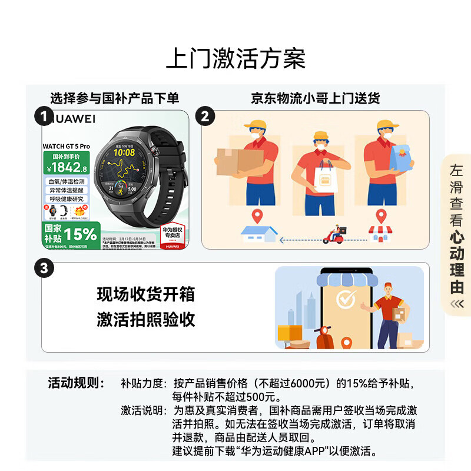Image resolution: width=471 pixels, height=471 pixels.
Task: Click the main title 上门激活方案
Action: (x=235, y=60)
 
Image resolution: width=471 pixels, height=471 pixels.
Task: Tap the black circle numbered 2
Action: (x=204, y=116)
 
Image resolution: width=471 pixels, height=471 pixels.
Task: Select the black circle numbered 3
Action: (x=44, y=268)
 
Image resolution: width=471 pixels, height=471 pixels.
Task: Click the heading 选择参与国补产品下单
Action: (x=114, y=98)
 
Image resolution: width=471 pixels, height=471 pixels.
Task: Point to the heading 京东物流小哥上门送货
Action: (x=315, y=98)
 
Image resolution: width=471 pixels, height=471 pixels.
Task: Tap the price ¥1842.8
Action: (x=68, y=167)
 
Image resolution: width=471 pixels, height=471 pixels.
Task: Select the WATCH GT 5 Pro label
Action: (x=67, y=145)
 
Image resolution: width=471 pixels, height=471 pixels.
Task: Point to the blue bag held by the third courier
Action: (x=403, y=158)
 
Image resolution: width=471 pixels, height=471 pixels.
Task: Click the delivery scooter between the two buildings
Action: (x=334, y=235)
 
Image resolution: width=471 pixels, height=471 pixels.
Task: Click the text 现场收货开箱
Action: (x=145, y=294)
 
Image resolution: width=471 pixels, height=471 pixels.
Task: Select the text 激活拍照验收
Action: (x=145, y=320)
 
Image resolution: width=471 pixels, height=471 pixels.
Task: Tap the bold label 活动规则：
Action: (x=76, y=383)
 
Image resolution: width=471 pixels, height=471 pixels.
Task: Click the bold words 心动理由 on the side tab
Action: (x=456, y=263)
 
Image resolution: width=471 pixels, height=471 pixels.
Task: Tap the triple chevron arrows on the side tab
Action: (x=456, y=304)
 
